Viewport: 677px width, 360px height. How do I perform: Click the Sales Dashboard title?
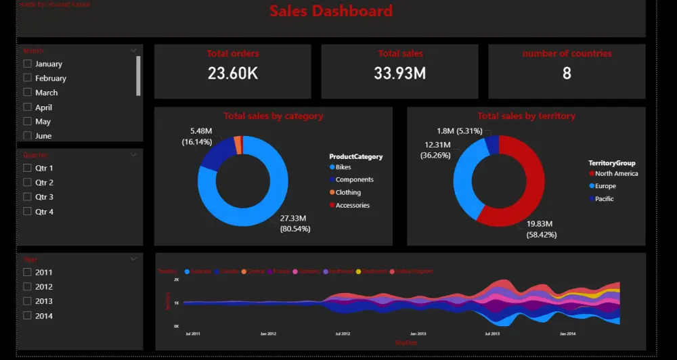pyautogui.click(x=331, y=12)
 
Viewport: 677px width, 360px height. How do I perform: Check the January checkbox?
pyautogui.click(x=28, y=64)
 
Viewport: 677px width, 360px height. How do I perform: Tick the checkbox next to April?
pyautogui.click(x=28, y=107)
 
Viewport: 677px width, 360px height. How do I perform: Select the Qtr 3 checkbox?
pyautogui.click(x=28, y=197)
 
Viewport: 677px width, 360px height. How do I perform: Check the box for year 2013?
pyautogui.click(x=28, y=301)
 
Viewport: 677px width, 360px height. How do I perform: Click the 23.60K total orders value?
pyautogui.click(x=232, y=74)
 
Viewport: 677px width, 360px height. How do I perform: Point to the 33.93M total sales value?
pyautogui.click(x=399, y=74)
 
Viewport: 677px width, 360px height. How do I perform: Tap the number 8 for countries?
pyautogui.click(x=567, y=74)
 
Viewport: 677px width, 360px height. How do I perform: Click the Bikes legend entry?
pyautogui.click(x=343, y=167)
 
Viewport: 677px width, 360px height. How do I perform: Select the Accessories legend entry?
pyautogui.click(x=352, y=206)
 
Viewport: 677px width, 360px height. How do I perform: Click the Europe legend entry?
pyautogui.click(x=605, y=186)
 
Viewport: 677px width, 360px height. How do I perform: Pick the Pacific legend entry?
pyautogui.click(x=604, y=199)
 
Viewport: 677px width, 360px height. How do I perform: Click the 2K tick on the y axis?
pyautogui.click(x=176, y=279)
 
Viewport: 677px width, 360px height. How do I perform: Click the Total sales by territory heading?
pyautogui.click(x=526, y=116)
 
